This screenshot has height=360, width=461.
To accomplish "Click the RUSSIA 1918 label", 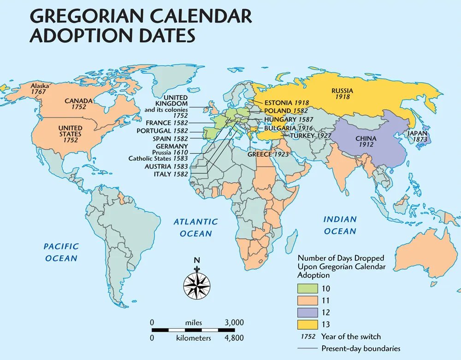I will [x=342, y=94].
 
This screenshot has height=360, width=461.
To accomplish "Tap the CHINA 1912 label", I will [x=366, y=141].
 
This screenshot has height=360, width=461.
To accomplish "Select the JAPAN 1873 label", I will [x=416, y=136].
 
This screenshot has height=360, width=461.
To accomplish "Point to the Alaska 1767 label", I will [x=40, y=89].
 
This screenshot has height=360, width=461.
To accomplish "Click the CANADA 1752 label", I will [x=79, y=104].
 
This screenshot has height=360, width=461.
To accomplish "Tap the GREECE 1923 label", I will [x=268, y=154].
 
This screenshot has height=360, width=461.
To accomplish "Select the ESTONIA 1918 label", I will [x=286, y=103].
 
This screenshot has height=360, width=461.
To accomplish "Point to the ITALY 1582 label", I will [x=171, y=174].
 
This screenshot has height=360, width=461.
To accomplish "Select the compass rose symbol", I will [x=197, y=285].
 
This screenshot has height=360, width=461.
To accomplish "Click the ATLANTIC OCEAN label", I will [x=196, y=228].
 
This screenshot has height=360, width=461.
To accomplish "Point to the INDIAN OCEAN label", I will [x=340, y=225].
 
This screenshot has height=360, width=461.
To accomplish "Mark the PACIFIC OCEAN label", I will [x=61, y=252].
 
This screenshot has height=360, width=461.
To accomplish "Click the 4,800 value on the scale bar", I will [x=234, y=338].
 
